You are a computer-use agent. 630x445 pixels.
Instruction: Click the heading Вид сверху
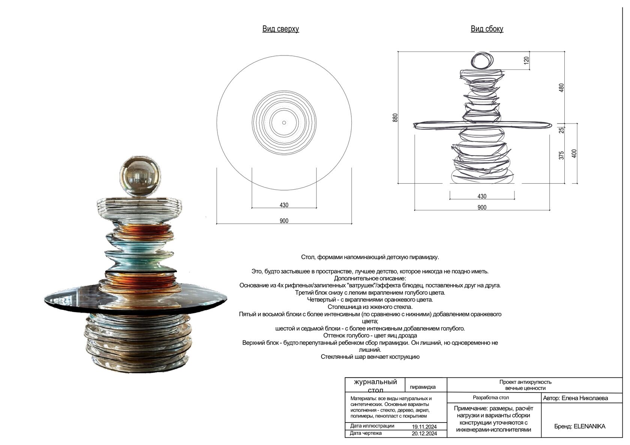pyautogui.click(x=280, y=29)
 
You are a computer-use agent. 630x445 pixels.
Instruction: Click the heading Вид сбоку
pyautogui.click(x=487, y=29)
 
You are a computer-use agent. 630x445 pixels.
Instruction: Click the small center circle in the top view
pyautogui.click(x=284, y=123)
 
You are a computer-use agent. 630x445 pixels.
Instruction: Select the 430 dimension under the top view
pyautogui.click(x=284, y=205)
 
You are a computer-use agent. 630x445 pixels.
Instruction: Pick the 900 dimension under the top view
pyautogui.click(x=284, y=221)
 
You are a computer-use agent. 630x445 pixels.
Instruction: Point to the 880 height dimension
pyautogui.click(x=395, y=118)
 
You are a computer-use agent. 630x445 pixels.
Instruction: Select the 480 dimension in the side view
pyautogui.click(x=561, y=88)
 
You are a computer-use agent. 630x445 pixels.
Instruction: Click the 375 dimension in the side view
pyautogui.click(x=561, y=155)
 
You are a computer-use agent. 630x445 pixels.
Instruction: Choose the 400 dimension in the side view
pyautogui.click(x=574, y=153)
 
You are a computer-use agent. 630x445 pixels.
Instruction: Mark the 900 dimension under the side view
pyautogui.click(x=482, y=207)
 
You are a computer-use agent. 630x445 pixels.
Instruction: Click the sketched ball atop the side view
pyautogui.click(x=481, y=60)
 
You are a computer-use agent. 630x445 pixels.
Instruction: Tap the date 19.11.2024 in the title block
pyautogui.click(x=424, y=427)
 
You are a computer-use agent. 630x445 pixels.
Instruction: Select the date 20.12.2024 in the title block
pyautogui.click(x=424, y=434)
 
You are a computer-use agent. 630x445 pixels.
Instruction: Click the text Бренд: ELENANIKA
pyautogui.click(x=579, y=426)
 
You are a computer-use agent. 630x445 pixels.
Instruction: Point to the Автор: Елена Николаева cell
pyautogui.click(x=575, y=398)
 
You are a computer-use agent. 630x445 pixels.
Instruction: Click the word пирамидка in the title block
pyautogui.click(x=423, y=387)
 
